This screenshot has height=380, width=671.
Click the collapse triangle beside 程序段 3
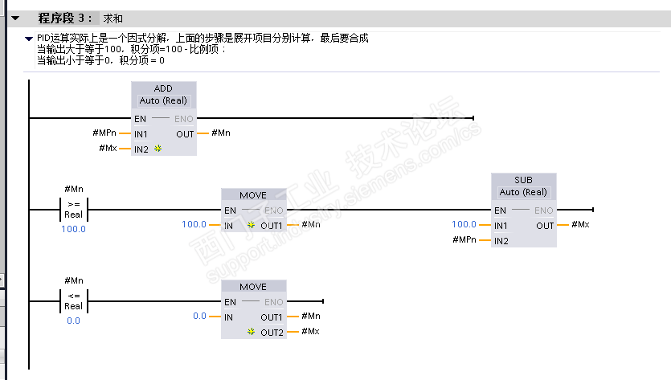(x=15, y=18)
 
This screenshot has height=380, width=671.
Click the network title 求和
(x=113, y=18)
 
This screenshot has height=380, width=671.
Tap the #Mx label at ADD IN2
(x=108, y=149)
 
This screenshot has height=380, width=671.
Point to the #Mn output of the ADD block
(x=221, y=133)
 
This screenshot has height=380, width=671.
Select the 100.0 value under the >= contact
(x=73, y=229)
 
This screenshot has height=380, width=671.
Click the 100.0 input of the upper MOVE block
(x=194, y=225)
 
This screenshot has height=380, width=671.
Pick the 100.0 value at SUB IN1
(x=464, y=225)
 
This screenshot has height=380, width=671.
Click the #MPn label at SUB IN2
(x=464, y=240)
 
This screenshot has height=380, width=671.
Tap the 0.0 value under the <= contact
(x=73, y=321)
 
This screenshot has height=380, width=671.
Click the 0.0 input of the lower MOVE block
(x=200, y=317)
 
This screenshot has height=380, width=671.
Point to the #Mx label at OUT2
(x=311, y=332)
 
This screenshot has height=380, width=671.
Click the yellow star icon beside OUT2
(x=252, y=332)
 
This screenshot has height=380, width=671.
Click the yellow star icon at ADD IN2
(x=158, y=149)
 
